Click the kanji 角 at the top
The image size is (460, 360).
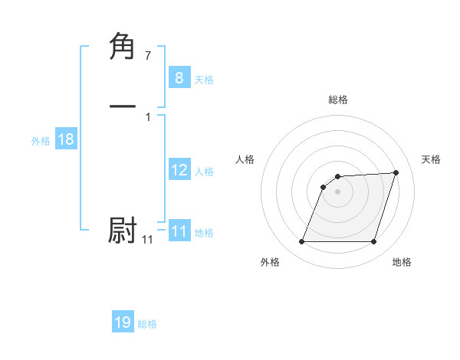pyautogui.click(x=123, y=47)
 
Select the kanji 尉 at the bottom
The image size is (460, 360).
pyautogui.click(x=123, y=231)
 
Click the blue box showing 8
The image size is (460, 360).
pyautogui.click(x=179, y=78)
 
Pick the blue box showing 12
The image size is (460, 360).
pyautogui.click(x=179, y=170)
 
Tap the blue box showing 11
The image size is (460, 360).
pyautogui.click(x=179, y=231)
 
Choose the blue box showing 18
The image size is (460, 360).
pyautogui.click(x=65, y=139)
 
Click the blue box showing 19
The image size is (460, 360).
pyautogui.click(x=123, y=322)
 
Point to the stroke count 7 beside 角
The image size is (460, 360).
pyautogui.click(x=148, y=55)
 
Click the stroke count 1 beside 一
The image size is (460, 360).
pyautogui.click(x=148, y=116)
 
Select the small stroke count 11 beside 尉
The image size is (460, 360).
pyautogui.click(x=147, y=240)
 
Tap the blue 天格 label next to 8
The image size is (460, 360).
pyautogui.click(x=204, y=79)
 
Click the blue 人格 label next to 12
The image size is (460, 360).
pyautogui.click(x=204, y=171)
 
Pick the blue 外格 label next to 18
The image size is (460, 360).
pyautogui.click(x=41, y=140)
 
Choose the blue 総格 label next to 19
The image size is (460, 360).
pyautogui.click(x=147, y=323)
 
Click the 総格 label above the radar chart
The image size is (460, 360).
pyautogui.click(x=338, y=100)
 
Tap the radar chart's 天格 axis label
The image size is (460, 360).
pyautogui.click(x=431, y=159)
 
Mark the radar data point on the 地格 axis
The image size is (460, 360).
pyautogui.click(x=373, y=242)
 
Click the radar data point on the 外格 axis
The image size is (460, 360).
pyautogui.click(x=302, y=242)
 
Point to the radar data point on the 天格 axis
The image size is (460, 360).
pyautogui.click(x=396, y=172)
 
